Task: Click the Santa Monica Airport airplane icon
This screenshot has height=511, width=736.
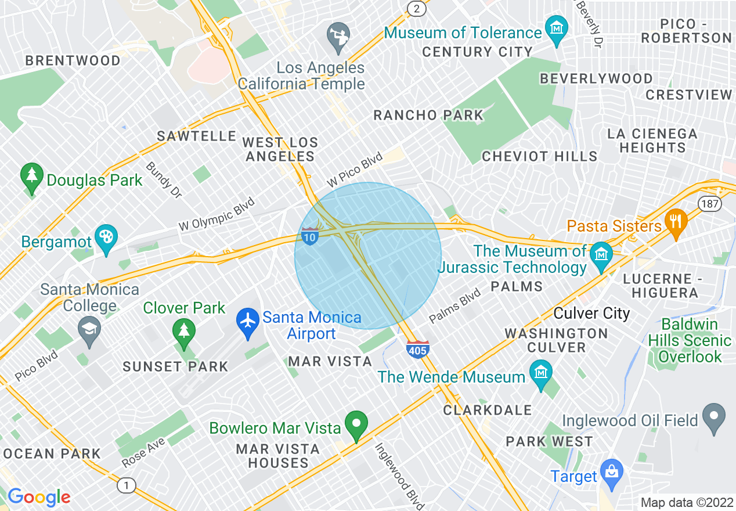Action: pos(248,320)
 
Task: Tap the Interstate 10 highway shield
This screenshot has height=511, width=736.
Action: pos(310,236)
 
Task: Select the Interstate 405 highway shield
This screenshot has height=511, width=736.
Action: pos(417,350)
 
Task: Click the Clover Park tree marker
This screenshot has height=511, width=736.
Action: pos(184,330)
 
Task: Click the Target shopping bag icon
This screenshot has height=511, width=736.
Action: pos(611,471)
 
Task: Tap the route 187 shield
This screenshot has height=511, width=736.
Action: pos(711,204)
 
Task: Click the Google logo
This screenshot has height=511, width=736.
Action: pos(38,497)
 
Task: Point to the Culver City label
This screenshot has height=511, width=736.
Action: pos(591,314)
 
